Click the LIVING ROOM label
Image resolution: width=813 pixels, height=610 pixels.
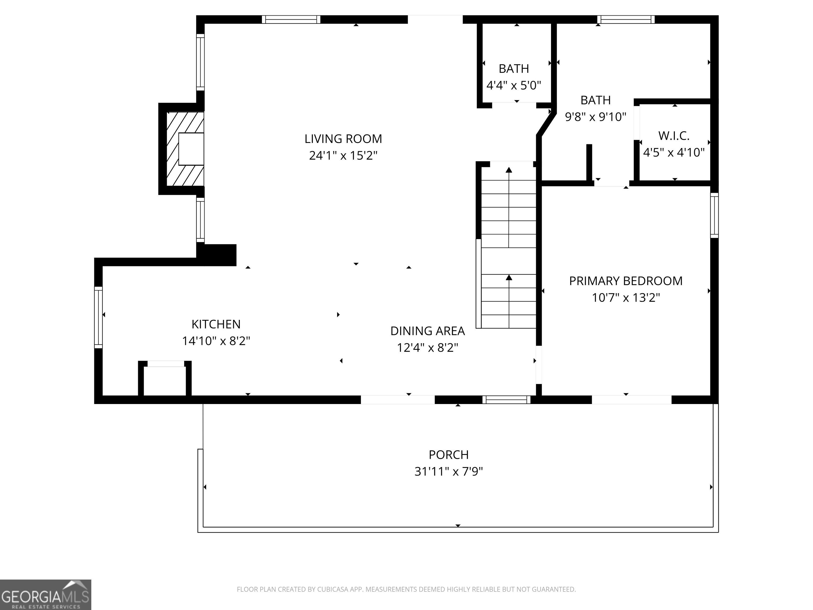[343, 139]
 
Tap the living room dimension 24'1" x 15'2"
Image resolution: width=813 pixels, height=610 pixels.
[343, 155]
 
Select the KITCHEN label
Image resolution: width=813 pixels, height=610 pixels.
[216, 324]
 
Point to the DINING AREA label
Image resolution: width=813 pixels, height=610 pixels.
[427, 331]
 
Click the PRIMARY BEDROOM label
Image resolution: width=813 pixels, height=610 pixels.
[626, 281]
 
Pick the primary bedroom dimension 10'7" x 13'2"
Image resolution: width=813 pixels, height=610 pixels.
[626, 298]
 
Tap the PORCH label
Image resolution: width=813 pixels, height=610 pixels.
[449, 455]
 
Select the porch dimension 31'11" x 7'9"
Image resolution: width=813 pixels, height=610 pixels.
[449, 471]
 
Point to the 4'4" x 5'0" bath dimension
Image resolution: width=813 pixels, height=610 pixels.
[514, 85]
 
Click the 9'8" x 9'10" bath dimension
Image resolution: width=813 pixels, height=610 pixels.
[595, 117]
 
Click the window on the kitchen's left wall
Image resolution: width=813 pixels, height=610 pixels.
[98, 317]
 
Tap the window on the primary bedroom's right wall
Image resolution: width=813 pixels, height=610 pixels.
[714, 215]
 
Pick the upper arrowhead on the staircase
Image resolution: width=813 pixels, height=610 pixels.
[509, 170]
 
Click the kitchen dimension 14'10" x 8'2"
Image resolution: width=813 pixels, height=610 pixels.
[216, 341]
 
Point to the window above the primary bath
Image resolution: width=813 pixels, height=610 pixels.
[626, 20]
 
